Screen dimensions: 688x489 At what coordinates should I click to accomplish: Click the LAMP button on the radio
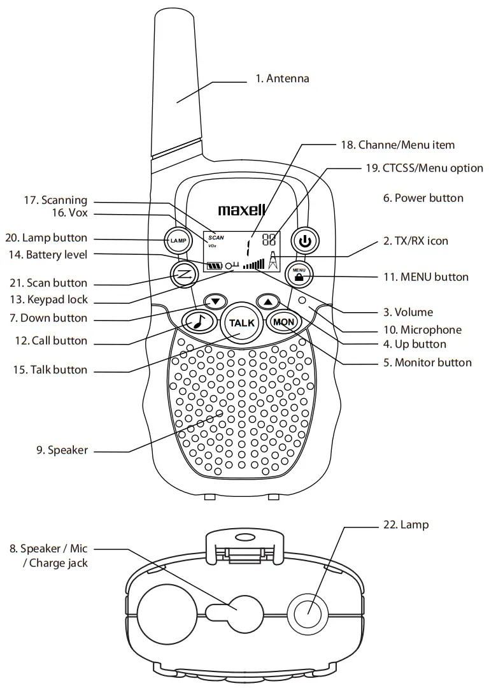click(x=178, y=241)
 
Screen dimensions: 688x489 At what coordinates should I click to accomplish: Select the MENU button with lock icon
click(x=299, y=274)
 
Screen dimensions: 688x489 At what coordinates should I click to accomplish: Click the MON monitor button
click(x=283, y=322)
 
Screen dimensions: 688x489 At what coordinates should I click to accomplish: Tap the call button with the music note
click(x=197, y=322)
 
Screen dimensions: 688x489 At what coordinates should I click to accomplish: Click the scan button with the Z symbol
click(x=183, y=274)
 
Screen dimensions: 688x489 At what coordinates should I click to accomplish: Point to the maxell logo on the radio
click(x=241, y=210)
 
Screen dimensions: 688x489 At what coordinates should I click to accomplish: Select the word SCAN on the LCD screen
click(x=216, y=237)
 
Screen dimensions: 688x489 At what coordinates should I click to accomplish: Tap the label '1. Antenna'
click(x=282, y=79)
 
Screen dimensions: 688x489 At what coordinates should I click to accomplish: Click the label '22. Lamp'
click(x=406, y=525)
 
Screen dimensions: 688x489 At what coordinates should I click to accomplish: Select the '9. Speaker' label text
click(x=62, y=450)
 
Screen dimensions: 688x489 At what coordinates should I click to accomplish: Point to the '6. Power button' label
click(x=423, y=198)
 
